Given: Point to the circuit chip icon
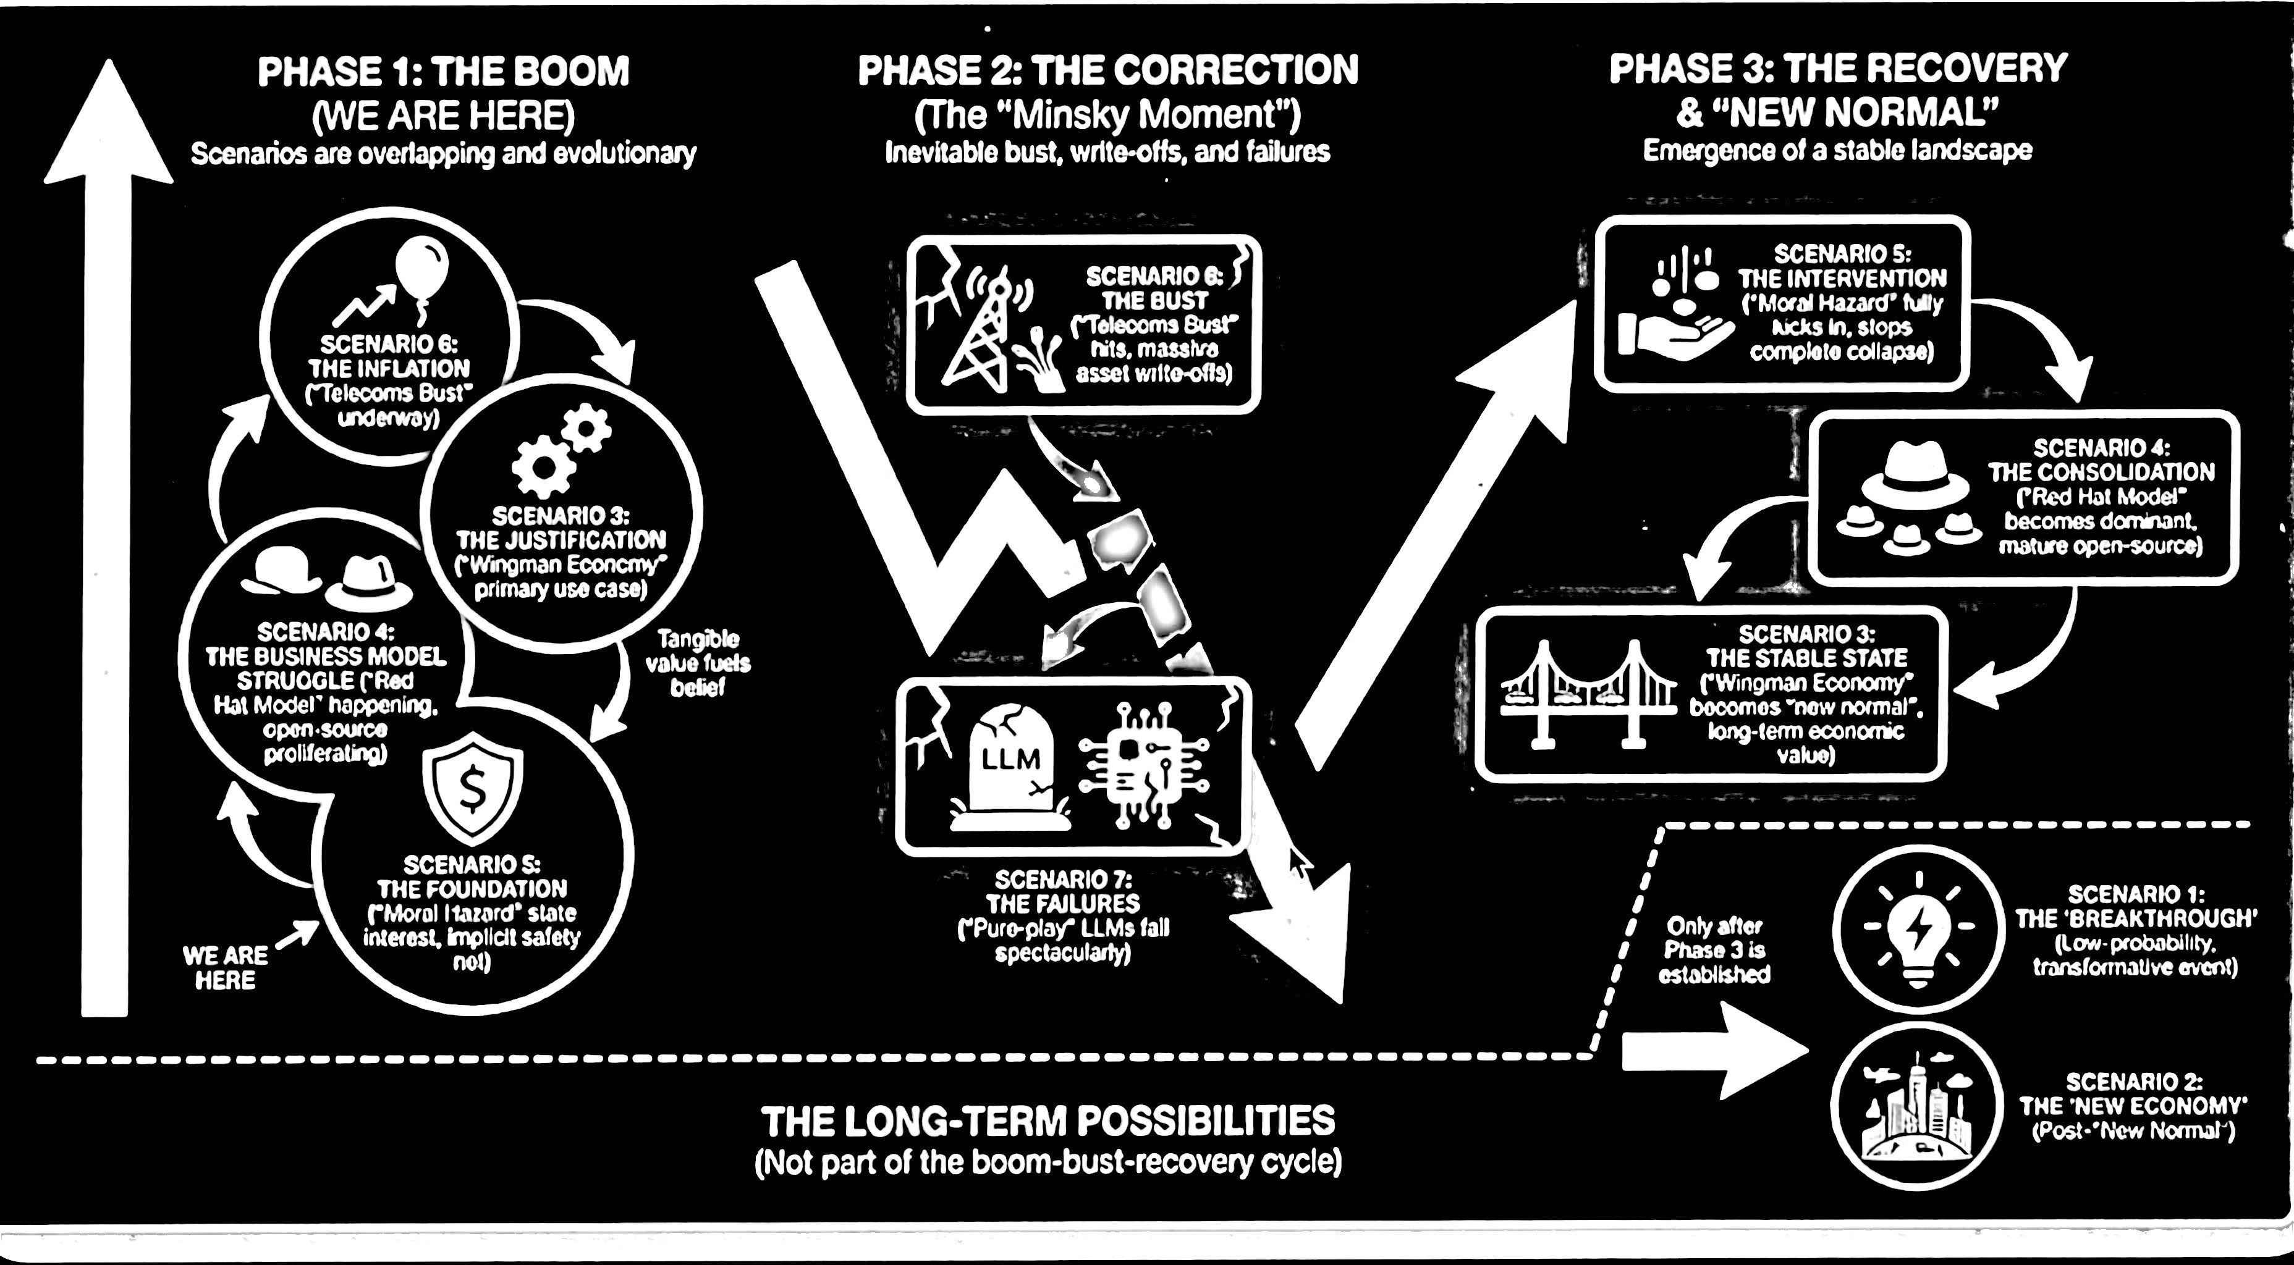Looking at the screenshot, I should pos(1145,764).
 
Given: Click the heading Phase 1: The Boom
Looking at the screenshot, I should pos(444,71).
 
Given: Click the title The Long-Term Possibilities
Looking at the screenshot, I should pos(1048,1120).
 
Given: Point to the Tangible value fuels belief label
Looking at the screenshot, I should pos(697,663).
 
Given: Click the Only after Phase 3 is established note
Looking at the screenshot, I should pos(1714,951).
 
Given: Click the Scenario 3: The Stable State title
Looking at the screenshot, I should pos(1807,645).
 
